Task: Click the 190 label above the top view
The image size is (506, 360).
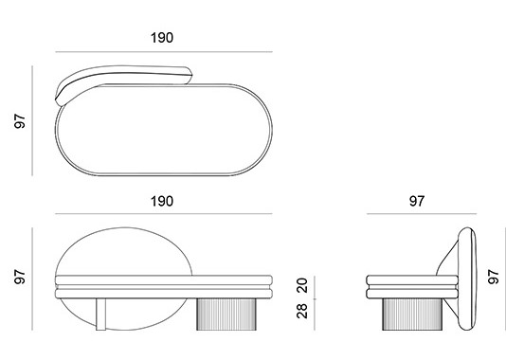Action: tap(162, 38)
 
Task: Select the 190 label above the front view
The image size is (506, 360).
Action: tap(162, 201)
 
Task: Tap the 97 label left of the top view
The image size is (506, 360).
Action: tap(20, 121)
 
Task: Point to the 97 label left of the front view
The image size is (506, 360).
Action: tap(20, 277)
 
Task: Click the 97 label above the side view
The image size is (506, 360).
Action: tap(417, 201)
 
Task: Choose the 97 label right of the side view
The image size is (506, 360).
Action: tap(494, 277)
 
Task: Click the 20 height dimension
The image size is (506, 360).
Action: tap(302, 285)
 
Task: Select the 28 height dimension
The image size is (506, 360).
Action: tap(302, 311)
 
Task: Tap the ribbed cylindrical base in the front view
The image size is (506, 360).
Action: tap(226, 315)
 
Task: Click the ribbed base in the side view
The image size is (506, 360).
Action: tap(412, 315)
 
